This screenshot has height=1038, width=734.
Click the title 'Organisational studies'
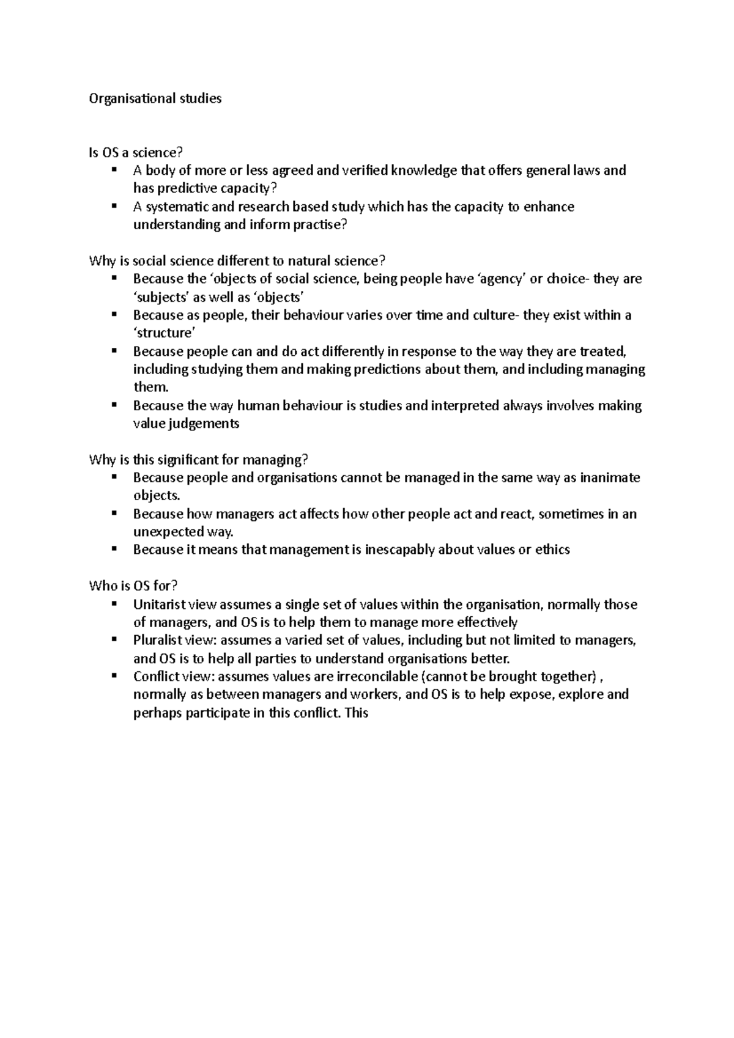(155, 98)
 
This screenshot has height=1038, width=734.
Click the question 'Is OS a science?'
(136, 153)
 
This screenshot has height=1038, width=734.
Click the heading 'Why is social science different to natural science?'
(237, 261)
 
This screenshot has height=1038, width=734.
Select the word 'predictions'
(390, 370)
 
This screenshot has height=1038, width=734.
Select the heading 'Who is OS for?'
(133, 586)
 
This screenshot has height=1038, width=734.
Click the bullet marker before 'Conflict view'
(114, 675)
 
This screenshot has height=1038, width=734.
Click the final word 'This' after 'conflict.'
(357, 713)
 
